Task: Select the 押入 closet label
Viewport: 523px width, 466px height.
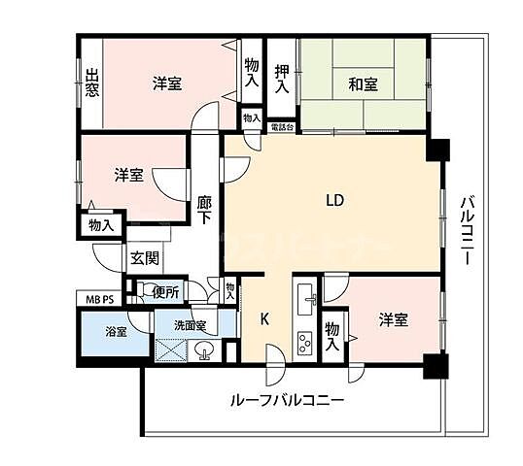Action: coord(282,78)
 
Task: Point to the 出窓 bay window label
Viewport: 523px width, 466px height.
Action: coord(91,83)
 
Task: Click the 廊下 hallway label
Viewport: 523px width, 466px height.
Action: coord(204,211)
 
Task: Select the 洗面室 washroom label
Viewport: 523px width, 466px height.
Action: coord(190,325)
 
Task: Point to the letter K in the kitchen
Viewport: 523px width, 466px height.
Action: coord(264,317)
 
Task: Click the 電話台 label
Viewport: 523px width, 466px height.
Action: coord(282,127)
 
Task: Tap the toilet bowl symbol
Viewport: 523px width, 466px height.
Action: coord(145,290)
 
